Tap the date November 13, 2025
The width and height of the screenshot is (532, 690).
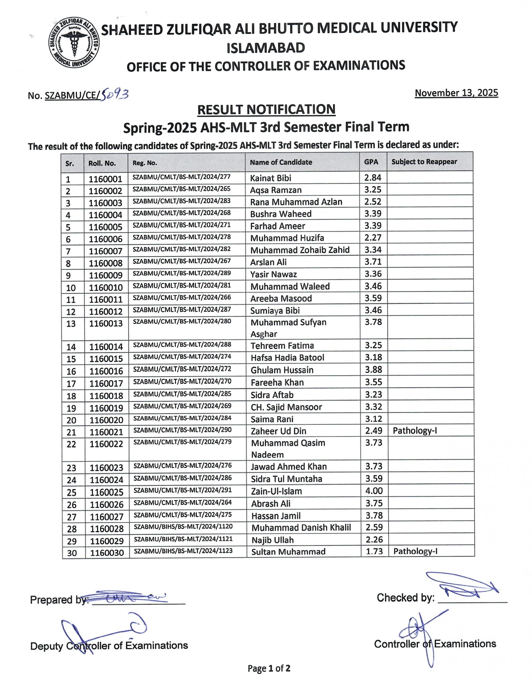coord(456,93)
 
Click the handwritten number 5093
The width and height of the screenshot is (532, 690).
coord(114,94)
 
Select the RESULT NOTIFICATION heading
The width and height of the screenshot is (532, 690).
coord(266,109)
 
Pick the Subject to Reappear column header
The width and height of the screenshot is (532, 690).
coord(424,162)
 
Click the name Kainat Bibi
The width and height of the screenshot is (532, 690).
coord(270,178)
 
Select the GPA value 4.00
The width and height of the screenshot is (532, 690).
coord(374,491)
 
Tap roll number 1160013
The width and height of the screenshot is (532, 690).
coord(106,323)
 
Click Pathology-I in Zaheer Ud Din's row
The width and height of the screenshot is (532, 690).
coord(415,431)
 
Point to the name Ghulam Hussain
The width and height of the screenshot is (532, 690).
coord(282,370)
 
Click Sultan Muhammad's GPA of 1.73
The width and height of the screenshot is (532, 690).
coord(374,551)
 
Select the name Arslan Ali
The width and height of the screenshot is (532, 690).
coord(268,262)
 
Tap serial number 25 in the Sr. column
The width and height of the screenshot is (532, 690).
coord(72,492)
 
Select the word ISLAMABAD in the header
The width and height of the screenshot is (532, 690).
coord(266,48)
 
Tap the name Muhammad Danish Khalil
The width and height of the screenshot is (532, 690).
coord(301,528)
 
